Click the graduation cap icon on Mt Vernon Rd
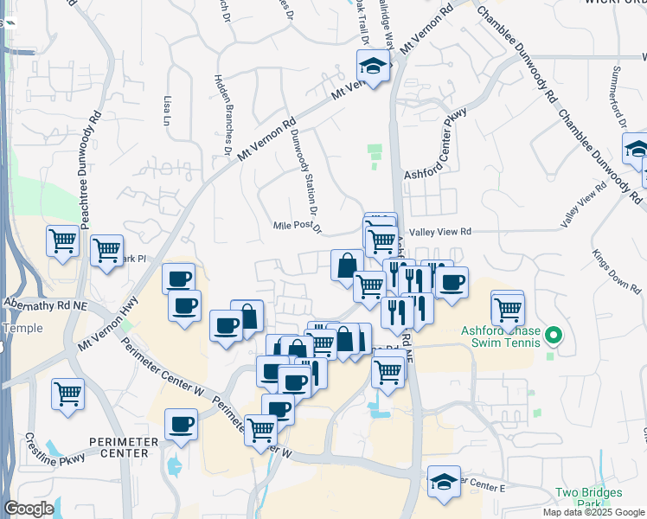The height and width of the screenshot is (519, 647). pos(373,66)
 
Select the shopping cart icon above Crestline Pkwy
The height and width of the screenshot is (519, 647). pos(67,394)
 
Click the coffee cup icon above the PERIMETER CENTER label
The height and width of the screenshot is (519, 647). pos(182,425)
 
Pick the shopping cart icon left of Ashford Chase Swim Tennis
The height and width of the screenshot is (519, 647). pos(508,307)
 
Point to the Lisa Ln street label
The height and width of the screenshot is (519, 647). pos(166,112)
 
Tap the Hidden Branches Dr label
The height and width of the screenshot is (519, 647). pos(221,114)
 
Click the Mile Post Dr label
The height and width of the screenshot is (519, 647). pos(297,227)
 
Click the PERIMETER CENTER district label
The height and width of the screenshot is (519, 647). pos(130,446)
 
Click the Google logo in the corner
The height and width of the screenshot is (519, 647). pos(29,509)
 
